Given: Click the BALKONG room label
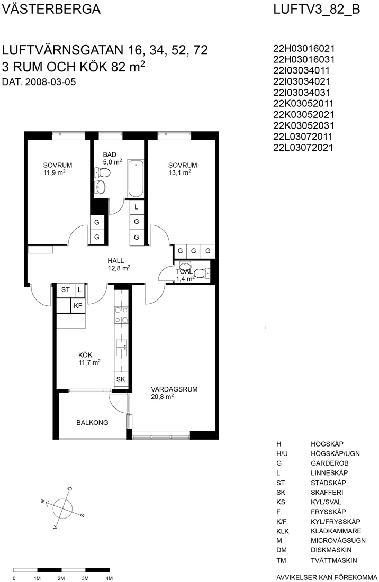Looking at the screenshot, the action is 92,422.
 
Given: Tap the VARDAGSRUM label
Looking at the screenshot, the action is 174,389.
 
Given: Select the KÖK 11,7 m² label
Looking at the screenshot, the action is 89,359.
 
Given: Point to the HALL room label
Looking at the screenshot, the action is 116,260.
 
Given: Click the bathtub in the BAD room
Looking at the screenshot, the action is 136,179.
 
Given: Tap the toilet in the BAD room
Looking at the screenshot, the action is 103,172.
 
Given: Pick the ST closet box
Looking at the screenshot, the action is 66,290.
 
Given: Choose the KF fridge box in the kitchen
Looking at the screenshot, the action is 78,305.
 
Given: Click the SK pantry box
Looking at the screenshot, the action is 121,379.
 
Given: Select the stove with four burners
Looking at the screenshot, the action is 121,315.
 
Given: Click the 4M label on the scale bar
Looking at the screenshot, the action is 109,578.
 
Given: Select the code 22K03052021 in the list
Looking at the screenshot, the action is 304,114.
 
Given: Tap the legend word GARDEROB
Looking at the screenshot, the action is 330,463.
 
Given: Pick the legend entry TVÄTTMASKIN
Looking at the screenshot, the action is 333,560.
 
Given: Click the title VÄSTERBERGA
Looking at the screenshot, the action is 51,9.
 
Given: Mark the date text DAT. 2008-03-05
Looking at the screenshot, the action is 39,81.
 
